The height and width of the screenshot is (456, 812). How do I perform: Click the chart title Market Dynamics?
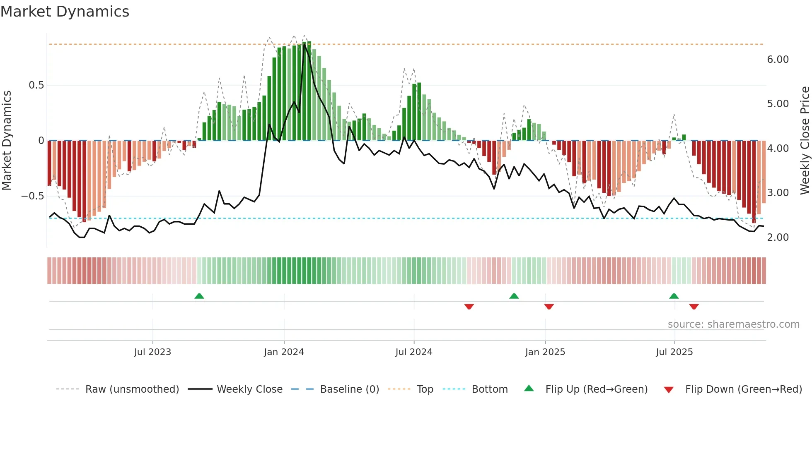[x=65, y=12]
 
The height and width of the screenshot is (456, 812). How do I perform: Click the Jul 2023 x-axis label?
[x=152, y=352]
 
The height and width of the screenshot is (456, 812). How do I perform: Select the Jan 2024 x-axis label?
[x=284, y=352]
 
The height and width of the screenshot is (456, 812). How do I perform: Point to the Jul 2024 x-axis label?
[x=414, y=352]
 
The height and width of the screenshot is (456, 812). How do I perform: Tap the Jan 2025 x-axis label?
[x=545, y=352]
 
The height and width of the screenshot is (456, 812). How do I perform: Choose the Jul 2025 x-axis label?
[x=674, y=352]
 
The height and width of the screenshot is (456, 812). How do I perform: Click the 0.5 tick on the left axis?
[x=36, y=85]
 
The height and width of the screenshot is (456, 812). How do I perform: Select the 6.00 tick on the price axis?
[x=778, y=60]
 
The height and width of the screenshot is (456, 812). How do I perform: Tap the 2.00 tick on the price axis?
[x=778, y=238]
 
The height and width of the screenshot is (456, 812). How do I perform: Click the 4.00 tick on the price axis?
[x=778, y=149]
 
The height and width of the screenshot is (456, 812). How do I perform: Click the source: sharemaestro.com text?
[x=733, y=324]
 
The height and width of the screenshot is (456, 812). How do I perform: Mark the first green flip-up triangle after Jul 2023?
[x=199, y=296]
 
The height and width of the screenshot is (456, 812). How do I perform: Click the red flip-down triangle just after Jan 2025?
[x=549, y=307]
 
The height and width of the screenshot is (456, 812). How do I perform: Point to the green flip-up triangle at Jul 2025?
[x=674, y=296]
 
